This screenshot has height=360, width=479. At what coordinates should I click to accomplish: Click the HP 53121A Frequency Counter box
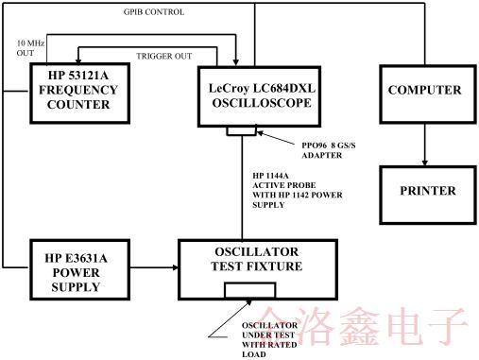[x=79, y=94]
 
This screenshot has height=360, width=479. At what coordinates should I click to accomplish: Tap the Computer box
[x=424, y=90]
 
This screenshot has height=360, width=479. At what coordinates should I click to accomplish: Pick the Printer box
[x=427, y=191]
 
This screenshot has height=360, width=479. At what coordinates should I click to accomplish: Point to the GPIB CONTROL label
[x=154, y=12]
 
